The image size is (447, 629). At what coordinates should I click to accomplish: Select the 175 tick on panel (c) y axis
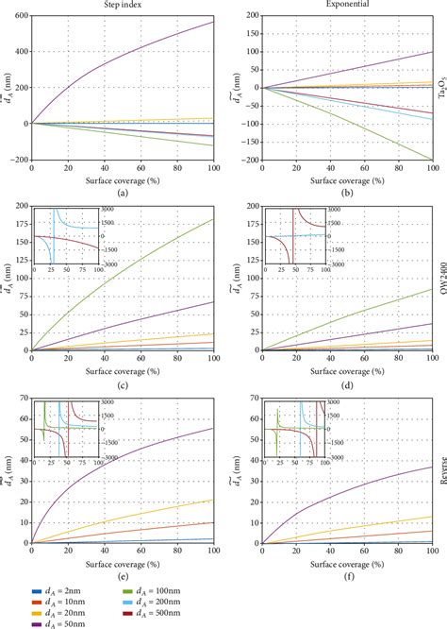pyautogui.click(x=22, y=225)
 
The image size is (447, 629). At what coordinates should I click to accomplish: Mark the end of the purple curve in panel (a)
pyautogui.click(x=214, y=22)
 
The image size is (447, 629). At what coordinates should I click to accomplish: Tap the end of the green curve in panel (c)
pyautogui.click(x=214, y=220)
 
